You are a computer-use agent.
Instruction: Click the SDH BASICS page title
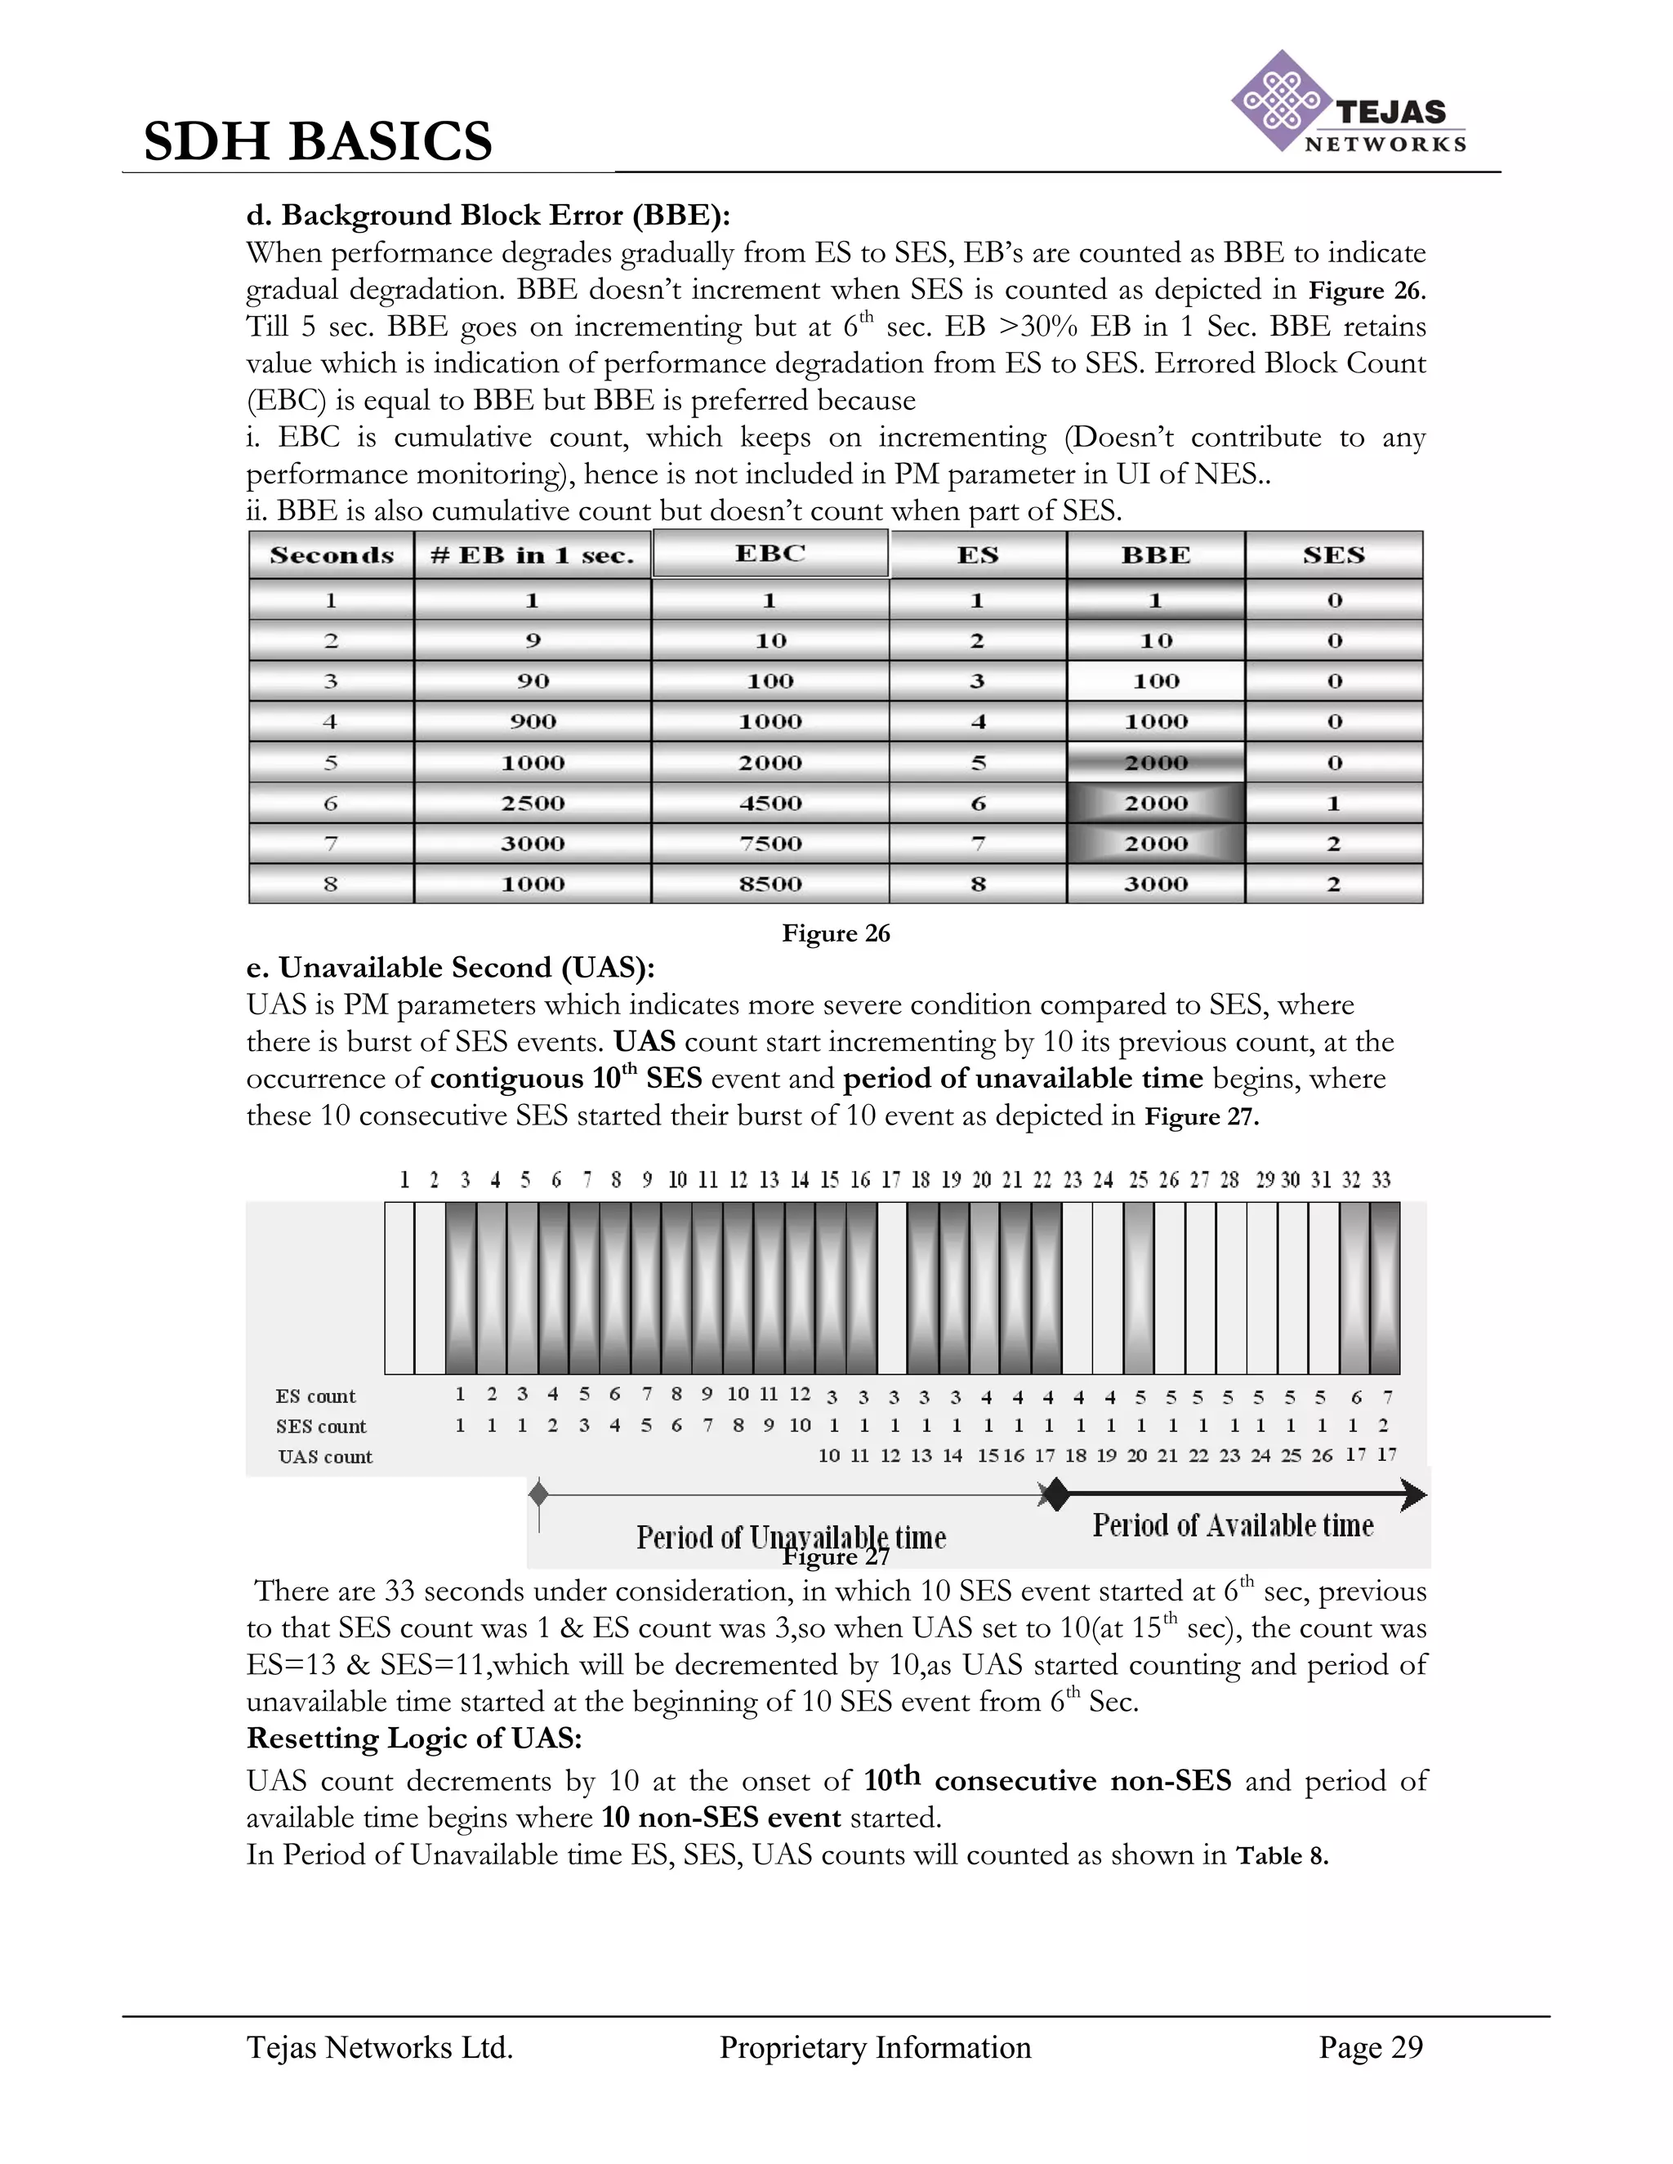[x=318, y=140]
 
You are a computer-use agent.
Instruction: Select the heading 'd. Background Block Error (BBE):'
[x=488, y=215]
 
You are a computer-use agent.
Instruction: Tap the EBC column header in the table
[x=770, y=554]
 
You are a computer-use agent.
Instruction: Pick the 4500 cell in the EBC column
[x=770, y=804]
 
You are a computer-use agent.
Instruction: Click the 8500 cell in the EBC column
[x=770, y=884]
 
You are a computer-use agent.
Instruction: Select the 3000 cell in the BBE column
[x=1156, y=884]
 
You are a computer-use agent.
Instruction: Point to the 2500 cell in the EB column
[x=533, y=804]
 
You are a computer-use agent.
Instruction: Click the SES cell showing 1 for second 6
[x=1333, y=804]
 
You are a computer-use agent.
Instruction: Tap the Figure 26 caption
[x=836, y=933]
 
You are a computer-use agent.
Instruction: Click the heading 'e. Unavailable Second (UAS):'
[x=451, y=968]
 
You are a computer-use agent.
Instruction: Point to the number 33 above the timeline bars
[x=1381, y=1180]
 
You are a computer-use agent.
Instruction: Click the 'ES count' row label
[x=315, y=1397]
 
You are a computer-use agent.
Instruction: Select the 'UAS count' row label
[x=325, y=1458]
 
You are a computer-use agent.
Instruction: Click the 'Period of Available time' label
[x=1233, y=1526]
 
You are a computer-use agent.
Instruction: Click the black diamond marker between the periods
[x=1058, y=1494]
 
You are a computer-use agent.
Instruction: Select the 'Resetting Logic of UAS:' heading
[x=414, y=1739]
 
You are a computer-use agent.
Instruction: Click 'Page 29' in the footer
[x=1370, y=2048]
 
